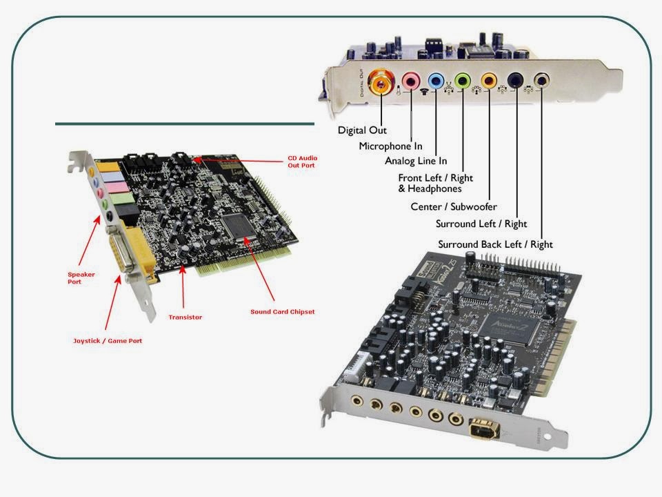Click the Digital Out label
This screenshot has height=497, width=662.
coord(362,130)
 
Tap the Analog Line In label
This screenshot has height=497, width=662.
coord(416,162)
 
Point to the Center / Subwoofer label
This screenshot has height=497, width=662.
coord(453,206)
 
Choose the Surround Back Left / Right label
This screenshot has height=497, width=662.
coord(495,244)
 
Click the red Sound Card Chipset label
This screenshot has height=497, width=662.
coord(282,311)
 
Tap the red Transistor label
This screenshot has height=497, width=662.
coord(185,317)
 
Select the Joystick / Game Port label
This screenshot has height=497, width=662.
coord(108,341)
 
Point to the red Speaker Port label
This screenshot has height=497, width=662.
coord(81,277)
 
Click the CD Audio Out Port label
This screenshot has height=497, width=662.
coord(302,162)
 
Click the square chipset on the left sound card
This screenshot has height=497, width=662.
coord(238,226)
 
